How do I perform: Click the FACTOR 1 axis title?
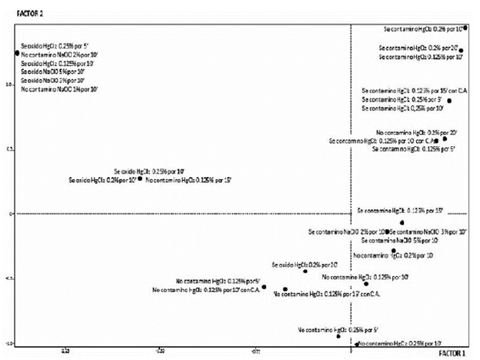tap(452, 354)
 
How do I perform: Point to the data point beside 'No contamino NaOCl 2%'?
tap(16, 53)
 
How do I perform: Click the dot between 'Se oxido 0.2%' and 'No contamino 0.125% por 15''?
tap(140, 178)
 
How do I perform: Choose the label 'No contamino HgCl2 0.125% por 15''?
tap(188, 179)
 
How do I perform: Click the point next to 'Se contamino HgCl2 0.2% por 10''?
tap(465, 28)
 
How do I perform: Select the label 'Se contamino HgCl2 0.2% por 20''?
tap(419, 48)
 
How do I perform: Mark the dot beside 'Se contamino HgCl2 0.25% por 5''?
tap(450, 101)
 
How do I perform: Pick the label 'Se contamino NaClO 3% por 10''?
tap(428, 232)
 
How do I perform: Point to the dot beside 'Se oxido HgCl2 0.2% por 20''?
tap(305, 271)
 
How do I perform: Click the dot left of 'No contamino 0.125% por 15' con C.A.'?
tap(285, 290)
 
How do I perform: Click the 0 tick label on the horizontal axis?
tap(351, 349)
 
